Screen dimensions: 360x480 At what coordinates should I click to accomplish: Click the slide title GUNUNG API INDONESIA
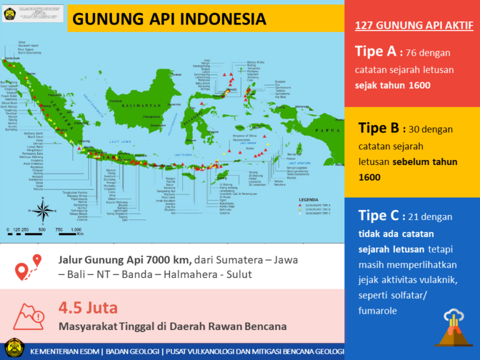pos(169,19)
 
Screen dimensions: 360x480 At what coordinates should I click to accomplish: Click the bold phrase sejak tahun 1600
pos(392,86)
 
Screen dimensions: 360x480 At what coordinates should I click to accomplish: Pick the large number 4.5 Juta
pos(87,307)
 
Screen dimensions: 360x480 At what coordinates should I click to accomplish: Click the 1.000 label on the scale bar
pos(76,230)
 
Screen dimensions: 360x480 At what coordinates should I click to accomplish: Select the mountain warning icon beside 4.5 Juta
pos(29,316)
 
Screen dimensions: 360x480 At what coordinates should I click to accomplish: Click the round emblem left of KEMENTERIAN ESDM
pos(14,349)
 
